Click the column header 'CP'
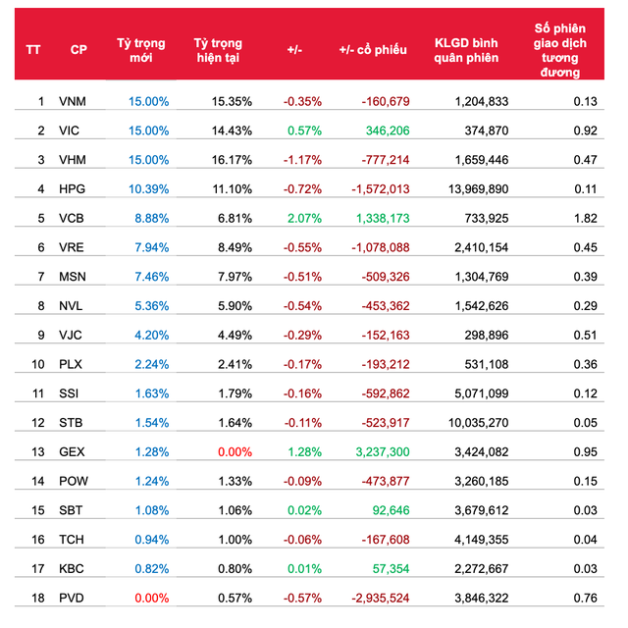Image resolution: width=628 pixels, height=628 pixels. coord(78,50)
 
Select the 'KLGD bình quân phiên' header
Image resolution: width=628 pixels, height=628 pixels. coord(466,50)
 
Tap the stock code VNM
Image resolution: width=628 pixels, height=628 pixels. coord(72,101)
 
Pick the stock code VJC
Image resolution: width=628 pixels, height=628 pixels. coord(72,335)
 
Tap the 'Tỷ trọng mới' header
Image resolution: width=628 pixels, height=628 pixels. coord(140,50)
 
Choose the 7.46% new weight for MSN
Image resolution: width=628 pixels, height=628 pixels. coord(150,276)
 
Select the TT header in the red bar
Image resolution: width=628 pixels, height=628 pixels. coord(33,50)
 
